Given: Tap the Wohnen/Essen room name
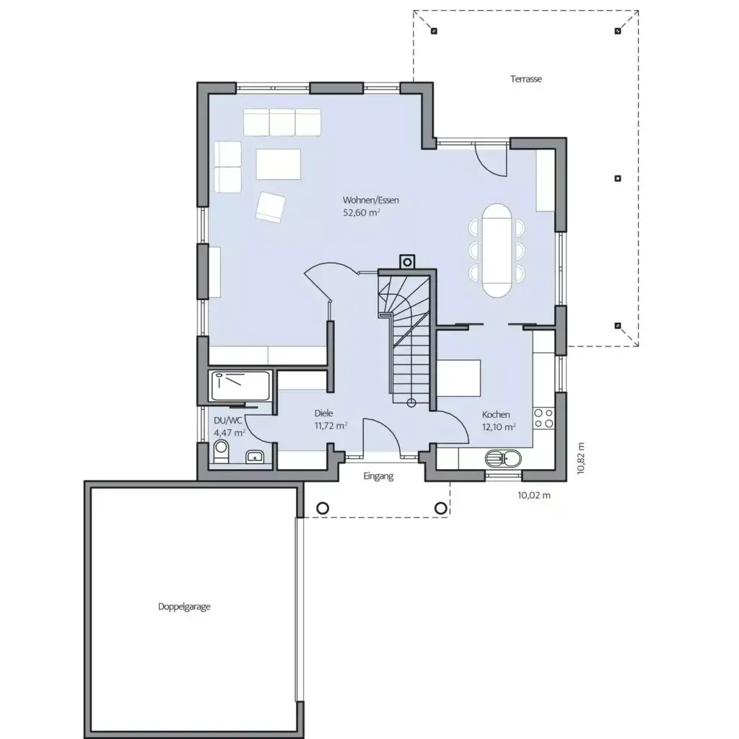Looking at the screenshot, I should pyautogui.click(x=371, y=200).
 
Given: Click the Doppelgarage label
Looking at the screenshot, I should pyautogui.click(x=184, y=607).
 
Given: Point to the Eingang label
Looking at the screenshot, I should pyautogui.click(x=378, y=476).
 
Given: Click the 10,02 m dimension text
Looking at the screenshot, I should pyautogui.click(x=534, y=495).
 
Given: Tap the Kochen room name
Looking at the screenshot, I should pyautogui.click(x=497, y=414).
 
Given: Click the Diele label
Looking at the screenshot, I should pyautogui.click(x=323, y=414).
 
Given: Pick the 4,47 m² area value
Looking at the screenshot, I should pyautogui.click(x=229, y=432).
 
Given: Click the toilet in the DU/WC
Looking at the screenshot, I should pyautogui.click(x=221, y=453).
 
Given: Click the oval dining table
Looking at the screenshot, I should pyautogui.click(x=497, y=250).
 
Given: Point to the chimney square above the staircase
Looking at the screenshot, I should pyautogui.click(x=406, y=261).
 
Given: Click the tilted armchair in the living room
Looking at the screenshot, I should pyautogui.click(x=271, y=206).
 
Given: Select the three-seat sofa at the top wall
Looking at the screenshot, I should pyautogui.click(x=282, y=122).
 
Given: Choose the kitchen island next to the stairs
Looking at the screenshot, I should pyautogui.click(x=460, y=378).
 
